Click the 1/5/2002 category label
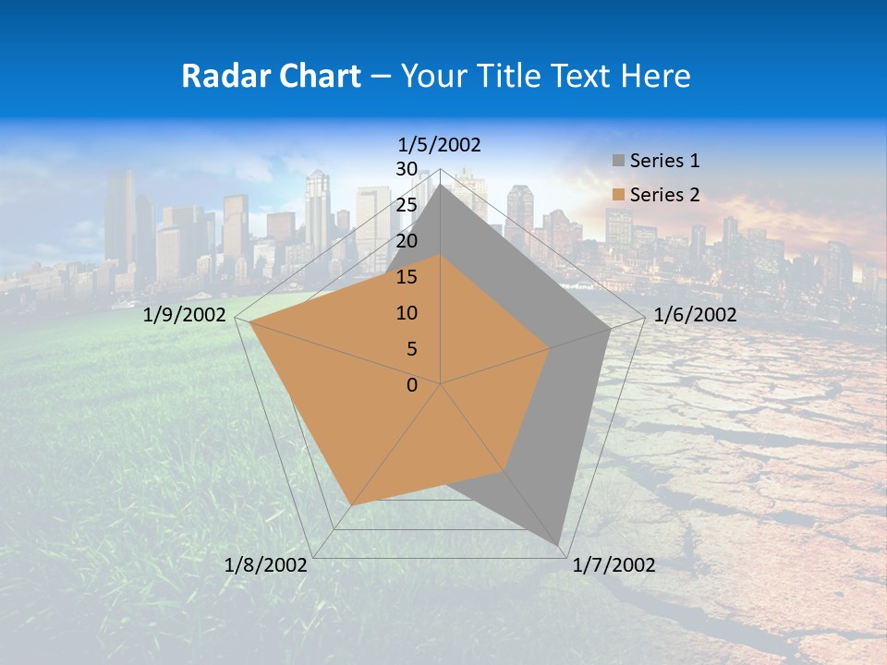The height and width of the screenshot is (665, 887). [439, 145]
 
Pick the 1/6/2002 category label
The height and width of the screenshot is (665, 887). [695, 315]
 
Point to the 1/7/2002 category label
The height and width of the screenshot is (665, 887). [614, 565]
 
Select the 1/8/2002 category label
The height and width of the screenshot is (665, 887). [266, 565]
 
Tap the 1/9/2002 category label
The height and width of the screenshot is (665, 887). [185, 315]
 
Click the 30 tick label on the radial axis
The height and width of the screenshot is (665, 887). [407, 169]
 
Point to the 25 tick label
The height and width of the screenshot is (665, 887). [407, 205]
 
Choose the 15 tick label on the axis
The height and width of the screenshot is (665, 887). [407, 277]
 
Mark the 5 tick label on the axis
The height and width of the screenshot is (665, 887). [411, 349]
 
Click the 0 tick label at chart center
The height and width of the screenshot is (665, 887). [412, 385]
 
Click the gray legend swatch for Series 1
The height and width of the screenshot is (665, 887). [618, 161]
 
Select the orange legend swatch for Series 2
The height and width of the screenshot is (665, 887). [618, 195]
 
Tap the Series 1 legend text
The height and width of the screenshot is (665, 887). [664, 161]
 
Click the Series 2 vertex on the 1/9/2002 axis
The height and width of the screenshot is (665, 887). [249, 322]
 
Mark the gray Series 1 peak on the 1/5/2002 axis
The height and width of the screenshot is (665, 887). [441, 185]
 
